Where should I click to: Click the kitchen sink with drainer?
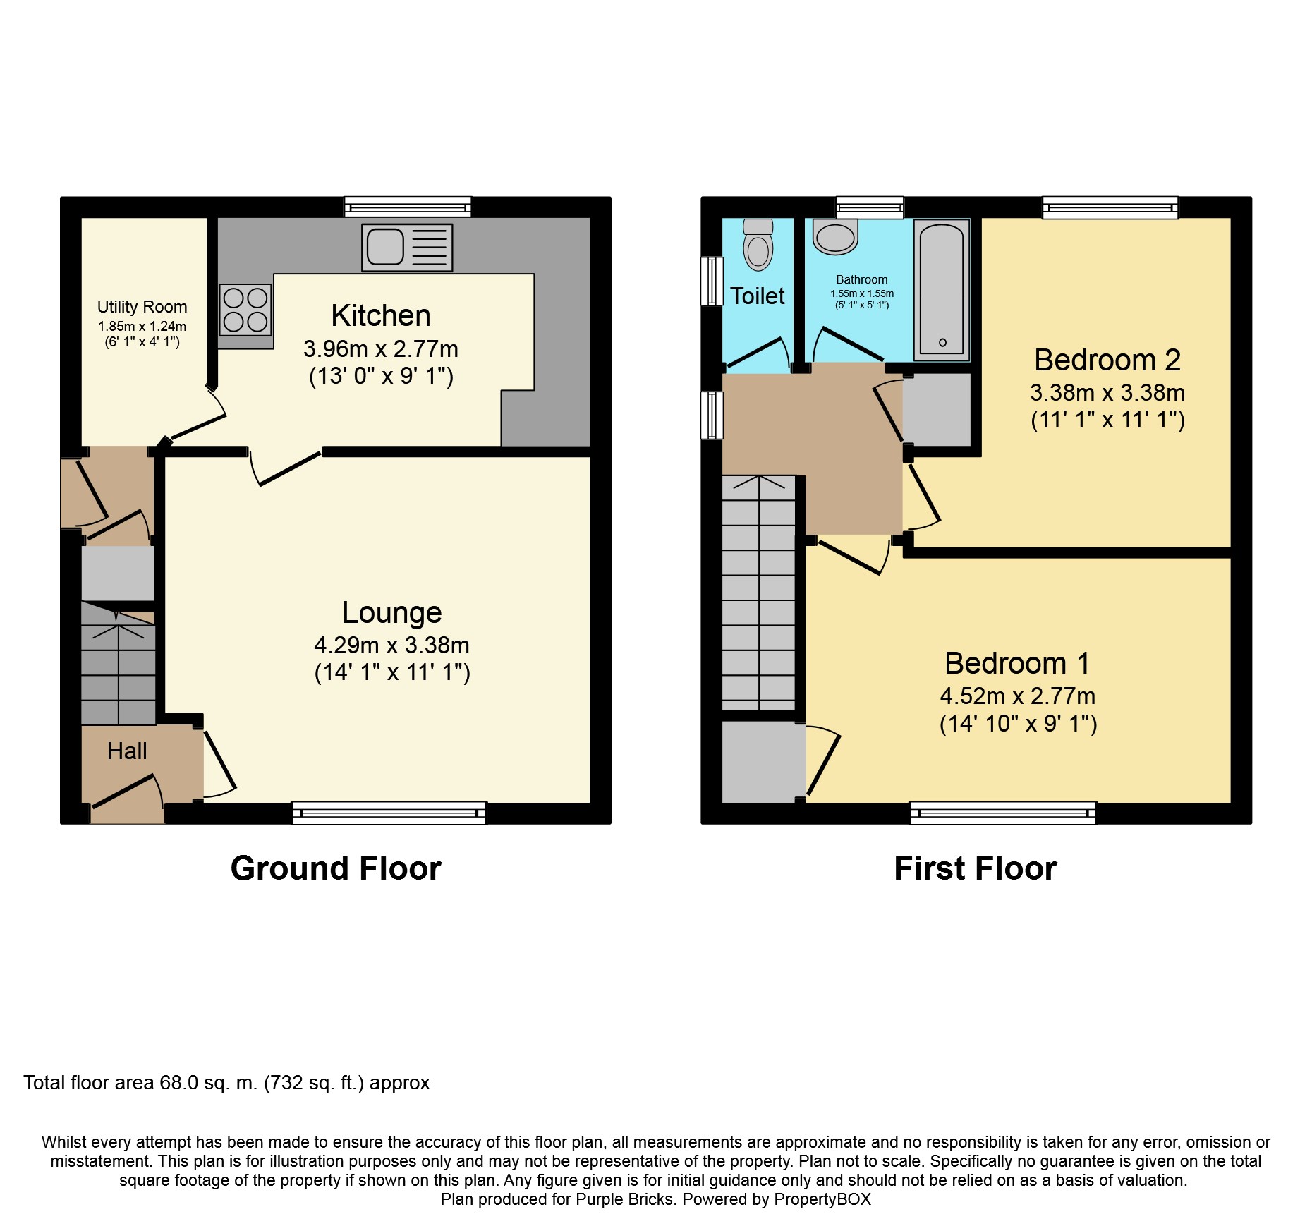pos(407,248)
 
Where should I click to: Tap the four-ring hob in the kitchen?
pos(245,309)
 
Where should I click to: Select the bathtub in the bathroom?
pos(942,290)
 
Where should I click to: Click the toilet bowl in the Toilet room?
pos(758,244)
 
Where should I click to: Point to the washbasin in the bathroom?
pos(835,236)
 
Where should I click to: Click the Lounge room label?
pos(392,612)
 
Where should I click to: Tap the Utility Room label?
pos(142,307)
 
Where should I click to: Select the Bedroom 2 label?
pos(1107,360)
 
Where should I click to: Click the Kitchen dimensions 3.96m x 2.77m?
pos(381,348)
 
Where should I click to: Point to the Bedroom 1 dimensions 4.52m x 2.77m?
pos(1018,696)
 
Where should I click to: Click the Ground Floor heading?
pos(336,868)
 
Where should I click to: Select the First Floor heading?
pos(976,868)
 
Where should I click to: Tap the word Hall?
pos(127,751)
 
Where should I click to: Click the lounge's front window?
pos(389,813)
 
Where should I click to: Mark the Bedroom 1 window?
pos(1004,813)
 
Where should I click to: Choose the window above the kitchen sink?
pos(408,207)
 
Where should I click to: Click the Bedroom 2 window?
pos(1111,207)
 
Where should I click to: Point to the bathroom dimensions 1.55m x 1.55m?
pos(862,293)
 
